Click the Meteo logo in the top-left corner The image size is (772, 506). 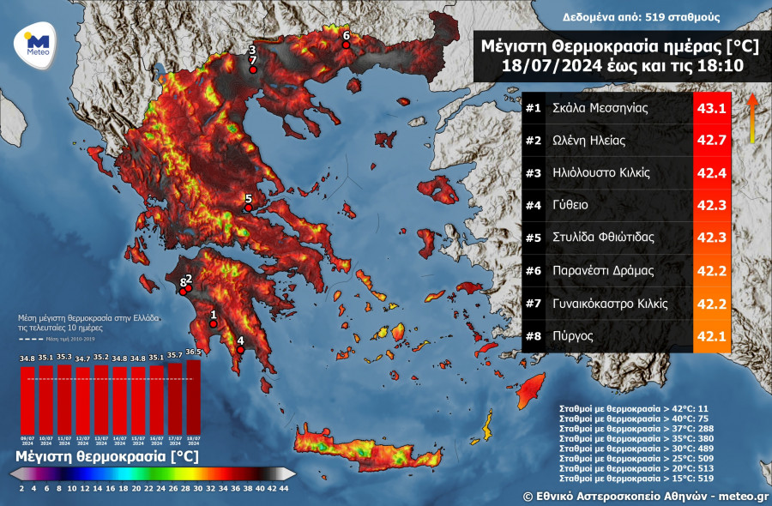[x=37, y=43]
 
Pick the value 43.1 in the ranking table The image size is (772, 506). [x=711, y=109]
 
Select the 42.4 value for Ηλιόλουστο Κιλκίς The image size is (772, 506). [x=711, y=173]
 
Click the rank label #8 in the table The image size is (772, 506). [x=534, y=335]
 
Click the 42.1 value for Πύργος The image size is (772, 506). [x=711, y=335]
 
